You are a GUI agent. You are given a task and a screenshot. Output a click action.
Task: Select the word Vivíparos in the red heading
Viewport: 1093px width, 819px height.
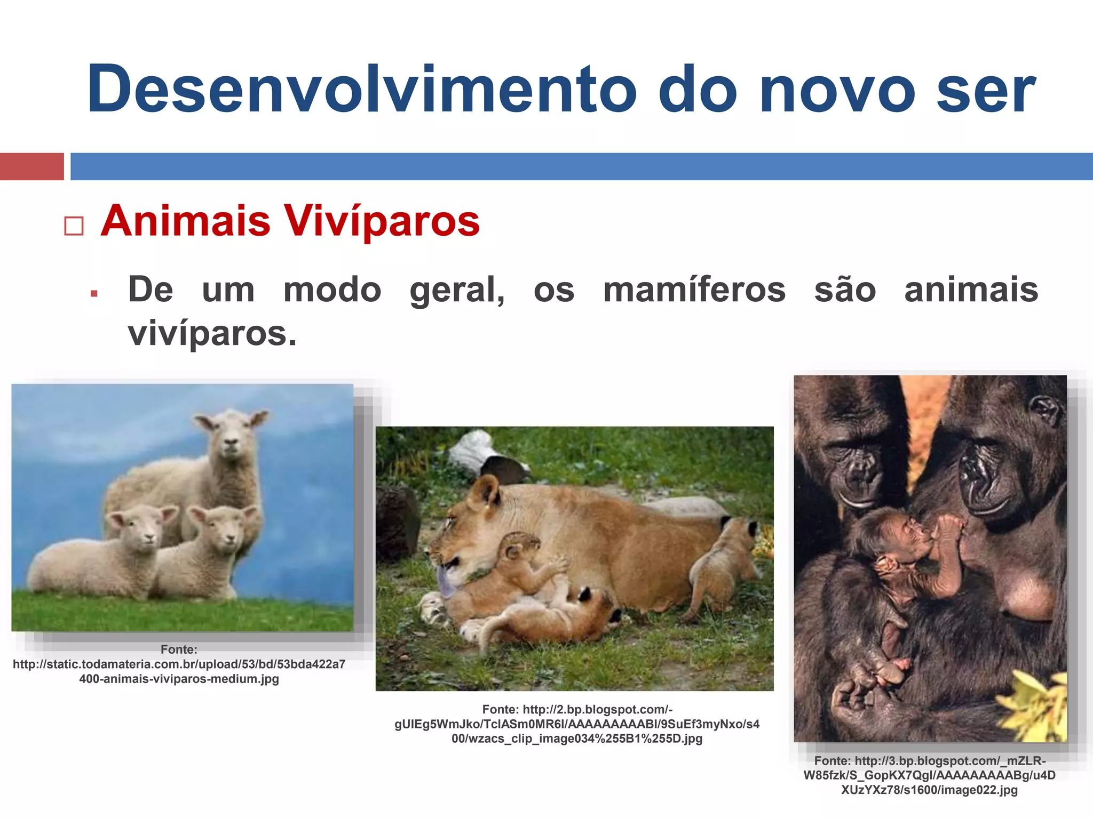381,221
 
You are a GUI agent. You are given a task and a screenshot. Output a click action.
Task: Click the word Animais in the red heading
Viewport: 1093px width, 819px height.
186,221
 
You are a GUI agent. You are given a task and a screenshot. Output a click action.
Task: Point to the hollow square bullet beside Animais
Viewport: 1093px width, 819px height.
74,226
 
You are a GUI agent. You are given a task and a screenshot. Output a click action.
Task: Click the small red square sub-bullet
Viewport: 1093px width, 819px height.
94,293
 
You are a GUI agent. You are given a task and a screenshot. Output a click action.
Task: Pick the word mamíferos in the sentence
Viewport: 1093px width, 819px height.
694,291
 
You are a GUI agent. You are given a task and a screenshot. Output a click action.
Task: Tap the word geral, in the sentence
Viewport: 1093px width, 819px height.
457,291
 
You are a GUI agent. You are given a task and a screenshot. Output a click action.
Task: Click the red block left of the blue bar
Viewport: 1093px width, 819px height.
31,166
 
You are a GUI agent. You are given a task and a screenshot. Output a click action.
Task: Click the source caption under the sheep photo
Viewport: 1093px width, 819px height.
179,664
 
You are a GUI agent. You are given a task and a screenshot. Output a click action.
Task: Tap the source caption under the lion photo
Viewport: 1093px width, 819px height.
577,724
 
